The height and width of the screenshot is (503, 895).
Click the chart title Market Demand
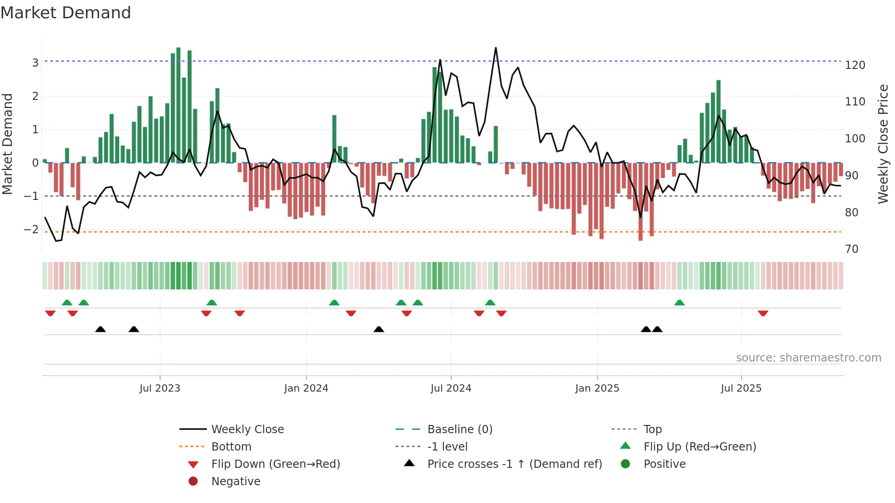pyautogui.click(x=66, y=13)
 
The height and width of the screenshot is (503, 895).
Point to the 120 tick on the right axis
pyautogui.click(x=855, y=65)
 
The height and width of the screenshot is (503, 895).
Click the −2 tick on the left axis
pyautogui.click(x=31, y=230)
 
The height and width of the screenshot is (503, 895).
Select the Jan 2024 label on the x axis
pyautogui.click(x=306, y=388)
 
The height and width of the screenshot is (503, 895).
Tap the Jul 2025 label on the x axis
pyautogui.click(x=741, y=388)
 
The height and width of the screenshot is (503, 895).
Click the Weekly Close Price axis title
pyautogui.click(x=883, y=144)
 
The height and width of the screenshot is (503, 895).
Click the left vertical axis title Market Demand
pyautogui.click(x=7, y=144)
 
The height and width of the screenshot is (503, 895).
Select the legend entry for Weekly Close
pyautogui.click(x=247, y=430)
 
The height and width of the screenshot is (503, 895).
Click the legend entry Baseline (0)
pyautogui.click(x=460, y=430)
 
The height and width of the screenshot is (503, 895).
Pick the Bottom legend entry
pyautogui.click(x=231, y=447)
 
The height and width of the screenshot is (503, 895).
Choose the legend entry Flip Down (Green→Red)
pyautogui.click(x=275, y=464)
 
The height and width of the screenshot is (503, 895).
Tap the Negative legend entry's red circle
pyautogui.click(x=193, y=482)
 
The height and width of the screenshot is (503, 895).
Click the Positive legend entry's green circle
pyautogui.click(x=626, y=464)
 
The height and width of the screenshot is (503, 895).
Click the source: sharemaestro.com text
pyautogui.click(x=808, y=358)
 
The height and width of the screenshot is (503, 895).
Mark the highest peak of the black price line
pyautogui.click(x=496, y=48)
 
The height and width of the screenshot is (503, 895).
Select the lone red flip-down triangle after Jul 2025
pyautogui.click(x=763, y=313)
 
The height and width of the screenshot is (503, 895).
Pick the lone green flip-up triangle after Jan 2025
pyautogui.click(x=679, y=303)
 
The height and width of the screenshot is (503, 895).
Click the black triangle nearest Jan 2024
pyautogui.click(x=379, y=329)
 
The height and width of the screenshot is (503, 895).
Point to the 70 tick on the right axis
pyautogui.click(x=852, y=249)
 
